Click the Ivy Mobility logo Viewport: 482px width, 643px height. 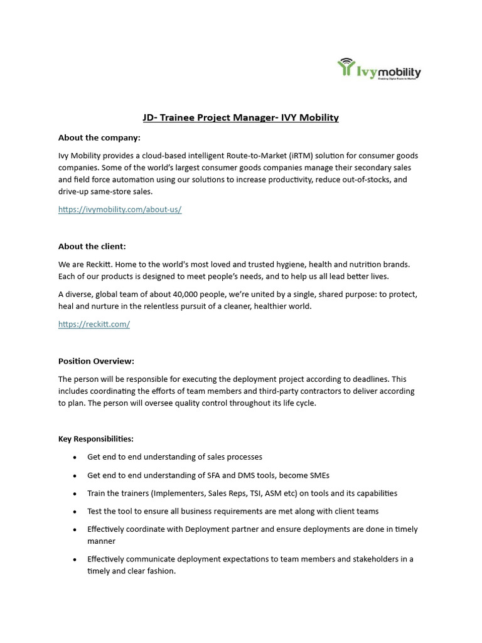pyautogui.click(x=379, y=68)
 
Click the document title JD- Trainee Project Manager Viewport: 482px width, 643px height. pyautogui.click(x=240, y=117)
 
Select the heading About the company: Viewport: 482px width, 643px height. pyautogui.click(x=99, y=138)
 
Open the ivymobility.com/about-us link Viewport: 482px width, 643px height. pyautogui.click(x=120, y=210)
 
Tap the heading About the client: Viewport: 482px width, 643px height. pyautogui.click(x=92, y=246)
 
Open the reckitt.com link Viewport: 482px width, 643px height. pyautogui.click(x=94, y=324)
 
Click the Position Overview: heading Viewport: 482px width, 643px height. pyautogui.click(x=96, y=361)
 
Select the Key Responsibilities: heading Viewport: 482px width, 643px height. pyautogui.click(x=95, y=439)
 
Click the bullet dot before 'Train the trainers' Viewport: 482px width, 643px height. pyautogui.click(x=75, y=494)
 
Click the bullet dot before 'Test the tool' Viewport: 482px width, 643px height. pyautogui.click(x=75, y=512)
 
